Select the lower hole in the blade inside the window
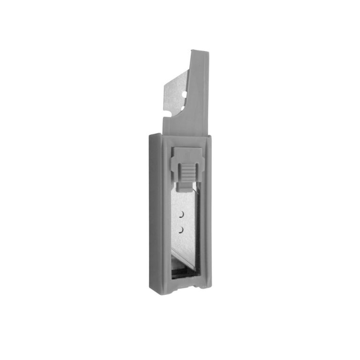click(x=180, y=229)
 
